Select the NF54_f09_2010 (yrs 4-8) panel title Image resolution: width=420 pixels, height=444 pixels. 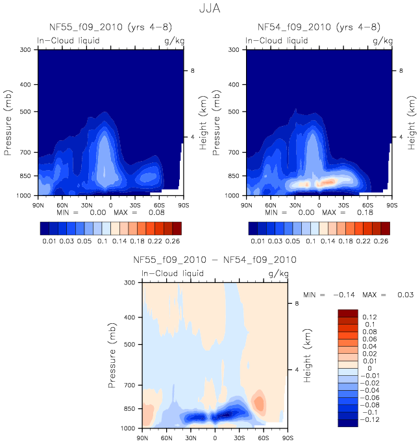point(319,27)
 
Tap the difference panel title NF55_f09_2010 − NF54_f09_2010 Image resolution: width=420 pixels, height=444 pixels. point(215,260)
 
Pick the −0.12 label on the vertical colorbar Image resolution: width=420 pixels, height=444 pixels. point(373,420)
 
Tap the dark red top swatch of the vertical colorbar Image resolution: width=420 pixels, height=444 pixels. point(347,313)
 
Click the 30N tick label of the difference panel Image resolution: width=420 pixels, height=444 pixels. point(191,438)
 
